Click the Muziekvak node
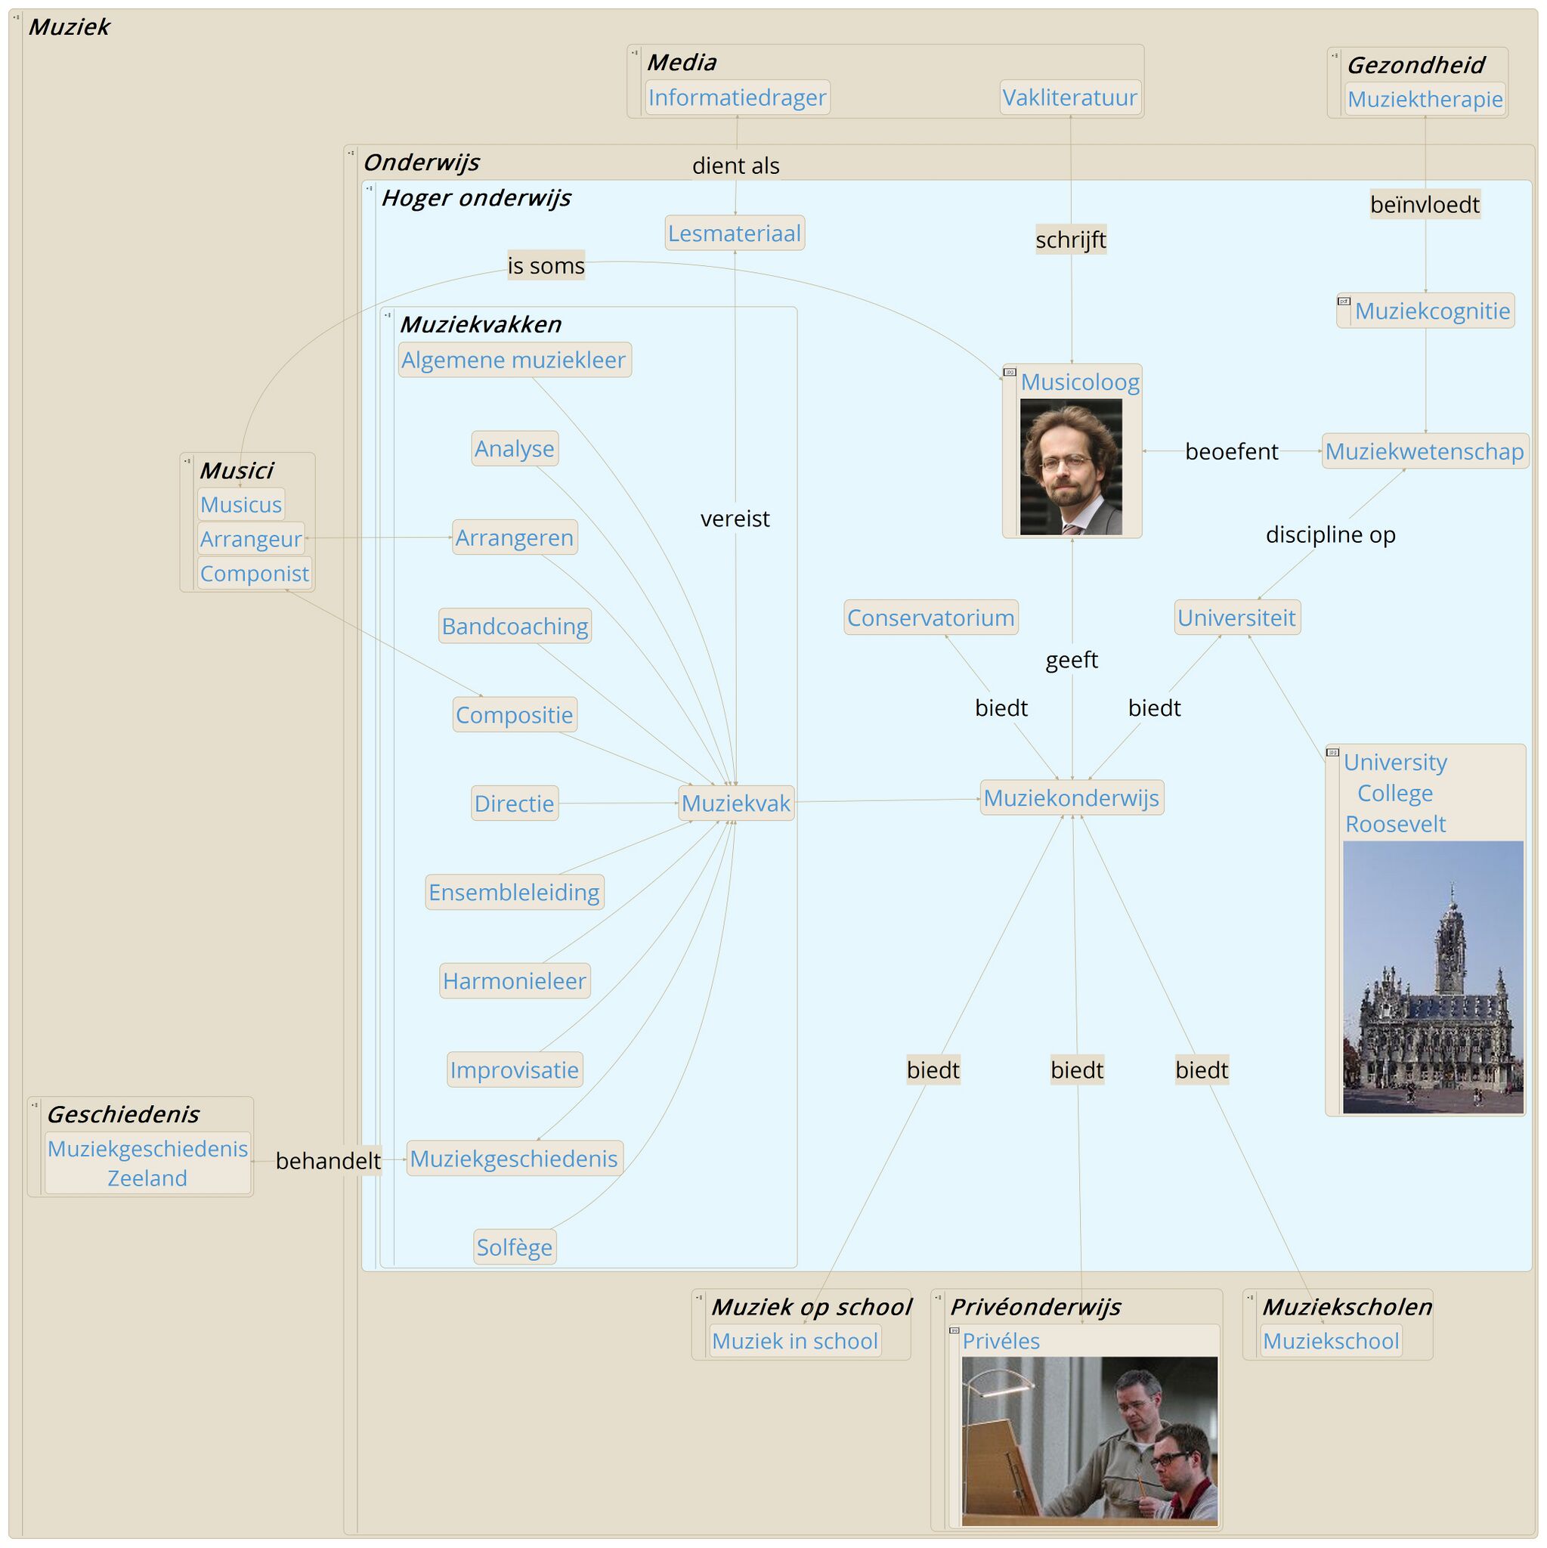735,803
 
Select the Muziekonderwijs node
1071,798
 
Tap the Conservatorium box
930,618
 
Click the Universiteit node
1236,618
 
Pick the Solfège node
515,1247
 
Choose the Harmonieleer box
515,980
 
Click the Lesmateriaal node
734,233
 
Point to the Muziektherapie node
1425,99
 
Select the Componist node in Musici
254,574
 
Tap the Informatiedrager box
736,98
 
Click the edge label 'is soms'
546,265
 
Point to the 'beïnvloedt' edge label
1425,204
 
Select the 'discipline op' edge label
1330,534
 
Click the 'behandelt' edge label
328,1161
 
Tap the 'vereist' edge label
735,519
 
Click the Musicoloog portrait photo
1070,467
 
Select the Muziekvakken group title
480,324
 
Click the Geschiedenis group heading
122,1113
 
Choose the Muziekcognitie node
1431,311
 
